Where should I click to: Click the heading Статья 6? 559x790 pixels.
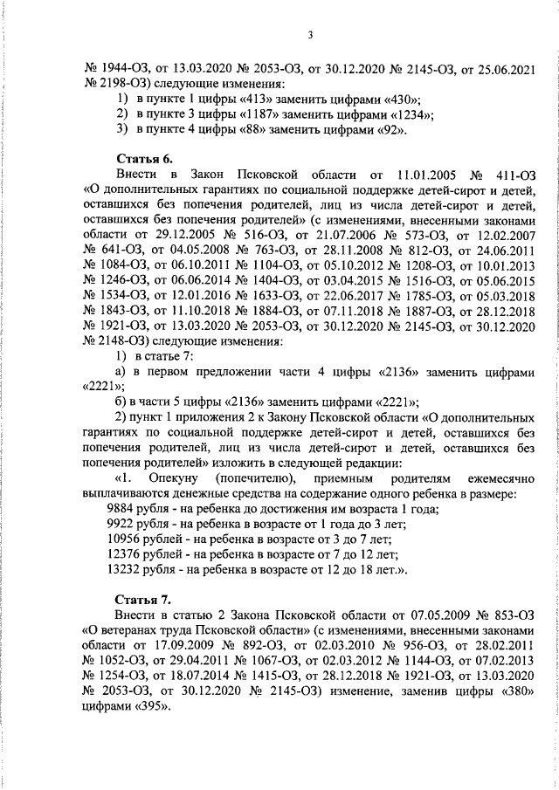144,157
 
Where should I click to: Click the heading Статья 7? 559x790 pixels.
144,601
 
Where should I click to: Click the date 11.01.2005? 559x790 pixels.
427,174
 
